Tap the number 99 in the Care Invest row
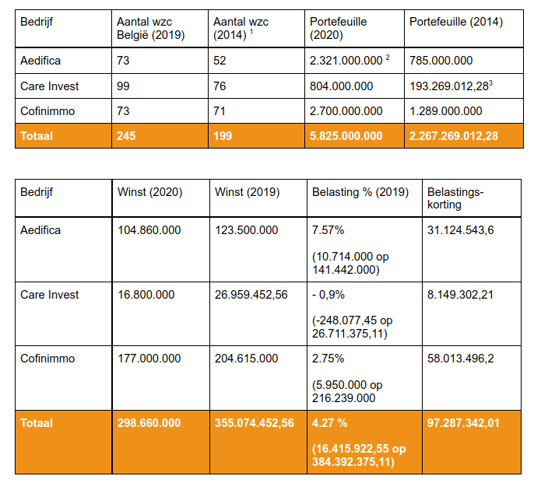pos(122,86)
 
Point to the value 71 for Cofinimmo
pos(220,110)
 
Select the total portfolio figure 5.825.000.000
pos(346,136)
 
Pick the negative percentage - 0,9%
pos(328,295)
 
